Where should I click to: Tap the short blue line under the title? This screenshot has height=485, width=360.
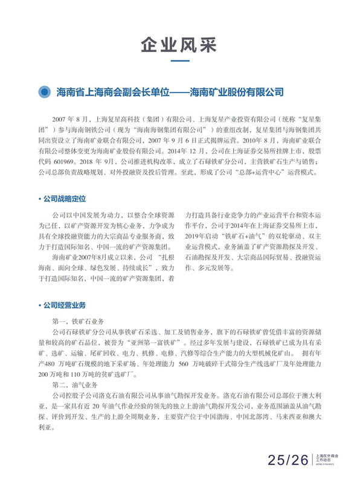click(179, 61)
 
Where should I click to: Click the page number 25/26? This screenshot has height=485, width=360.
click(289, 461)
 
